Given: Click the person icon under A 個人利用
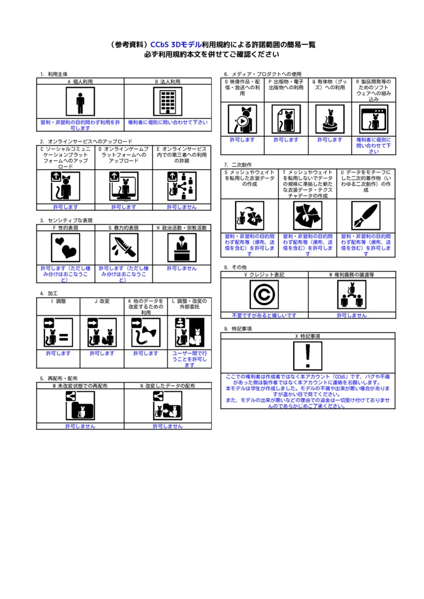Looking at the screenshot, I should pos(80,102).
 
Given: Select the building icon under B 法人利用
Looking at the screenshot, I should pos(168,102).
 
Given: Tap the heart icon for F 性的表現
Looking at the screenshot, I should pos(65,247).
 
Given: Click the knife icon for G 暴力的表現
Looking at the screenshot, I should pos(124,247).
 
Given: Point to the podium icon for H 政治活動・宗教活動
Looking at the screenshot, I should pos(182,247).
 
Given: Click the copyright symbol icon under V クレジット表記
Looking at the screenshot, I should pos(264,294).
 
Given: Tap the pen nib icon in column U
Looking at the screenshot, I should pos(366,216).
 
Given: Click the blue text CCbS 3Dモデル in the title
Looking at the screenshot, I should pos(175,44).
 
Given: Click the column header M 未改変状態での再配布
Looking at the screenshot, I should pos(80,386).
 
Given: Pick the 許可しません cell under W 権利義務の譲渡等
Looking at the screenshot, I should pos(351,315).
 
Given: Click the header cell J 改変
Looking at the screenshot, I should pos(102,301).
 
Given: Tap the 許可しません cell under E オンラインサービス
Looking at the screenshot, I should pos(182,206).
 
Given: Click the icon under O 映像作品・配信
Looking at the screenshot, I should pos(242,119).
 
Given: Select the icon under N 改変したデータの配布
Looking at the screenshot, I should pos(168,406).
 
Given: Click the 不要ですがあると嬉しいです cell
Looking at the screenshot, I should pos(264,315).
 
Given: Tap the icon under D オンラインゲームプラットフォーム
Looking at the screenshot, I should pos(124,186).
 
